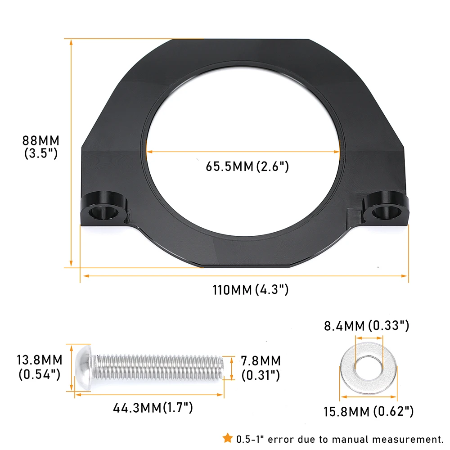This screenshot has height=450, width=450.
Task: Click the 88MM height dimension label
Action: tap(41, 147)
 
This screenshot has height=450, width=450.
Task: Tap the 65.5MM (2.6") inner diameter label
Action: tap(247, 166)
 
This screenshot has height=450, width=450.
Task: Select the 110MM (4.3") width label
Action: tap(250, 289)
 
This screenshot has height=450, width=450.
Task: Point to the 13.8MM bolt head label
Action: tap(40, 367)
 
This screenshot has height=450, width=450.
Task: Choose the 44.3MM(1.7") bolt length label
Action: tap(153, 408)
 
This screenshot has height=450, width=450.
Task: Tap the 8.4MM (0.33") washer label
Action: tap(366, 326)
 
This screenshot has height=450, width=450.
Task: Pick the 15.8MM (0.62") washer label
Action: tap(369, 412)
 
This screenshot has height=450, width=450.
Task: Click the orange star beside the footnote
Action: tap(228, 438)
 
